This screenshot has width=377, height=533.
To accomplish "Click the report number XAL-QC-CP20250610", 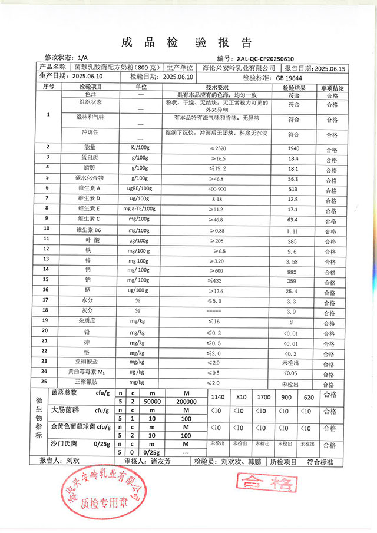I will (x=266, y=59).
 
